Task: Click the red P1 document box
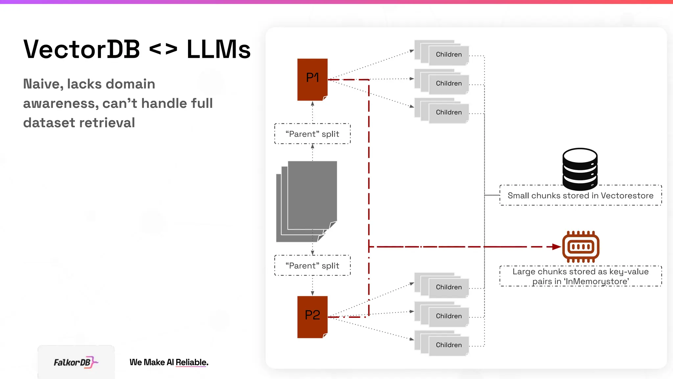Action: (x=312, y=79)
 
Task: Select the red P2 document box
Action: (x=312, y=317)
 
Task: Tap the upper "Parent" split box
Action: (x=312, y=134)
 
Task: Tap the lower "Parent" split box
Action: (x=312, y=265)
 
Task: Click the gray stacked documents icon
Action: (x=307, y=201)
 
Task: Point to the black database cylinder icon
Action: (x=580, y=168)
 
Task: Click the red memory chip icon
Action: (x=581, y=247)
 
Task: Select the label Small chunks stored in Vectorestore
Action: (x=580, y=196)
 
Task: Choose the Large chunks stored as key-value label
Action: (x=580, y=276)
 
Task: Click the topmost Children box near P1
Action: (x=448, y=55)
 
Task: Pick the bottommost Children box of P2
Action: (x=448, y=345)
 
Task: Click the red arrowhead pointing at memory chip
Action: (x=556, y=247)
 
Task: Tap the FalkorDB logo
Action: (x=76, y=362)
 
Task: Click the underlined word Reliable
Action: (x=192, y=362)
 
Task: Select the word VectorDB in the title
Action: (x=82, y=49)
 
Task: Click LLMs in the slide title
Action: (x=219, y=49)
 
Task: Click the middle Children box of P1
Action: (x=448, y=84)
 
